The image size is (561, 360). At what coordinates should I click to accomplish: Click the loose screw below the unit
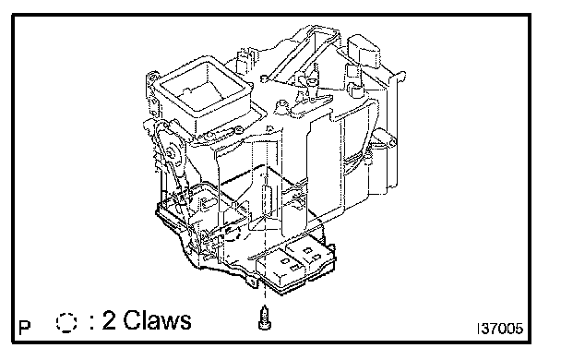click(265, 318)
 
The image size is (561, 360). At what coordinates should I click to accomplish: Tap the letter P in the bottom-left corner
click(25, 328)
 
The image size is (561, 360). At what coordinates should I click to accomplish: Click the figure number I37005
click(500, 329)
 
